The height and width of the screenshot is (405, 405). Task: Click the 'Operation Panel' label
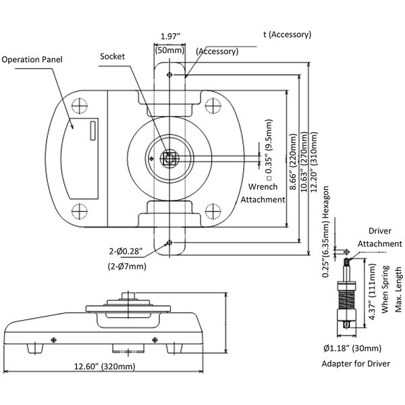(x=32, y=59)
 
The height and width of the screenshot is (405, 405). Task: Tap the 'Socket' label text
(x=112, y=57)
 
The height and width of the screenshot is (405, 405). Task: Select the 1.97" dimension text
(x=169, y=36)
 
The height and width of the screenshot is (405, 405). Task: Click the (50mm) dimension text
(x=169, y=50)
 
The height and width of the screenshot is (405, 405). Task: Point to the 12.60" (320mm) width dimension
(x=105, y=367)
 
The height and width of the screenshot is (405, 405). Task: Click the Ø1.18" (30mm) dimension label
(x=352, y=348)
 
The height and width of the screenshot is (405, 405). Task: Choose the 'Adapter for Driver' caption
(x=356, y=364)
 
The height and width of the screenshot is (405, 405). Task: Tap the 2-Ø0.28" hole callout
(x=126, y=251)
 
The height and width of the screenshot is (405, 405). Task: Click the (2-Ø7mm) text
(x=127, y=266)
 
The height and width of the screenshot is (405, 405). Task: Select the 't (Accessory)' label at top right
(x=288, y=34)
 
